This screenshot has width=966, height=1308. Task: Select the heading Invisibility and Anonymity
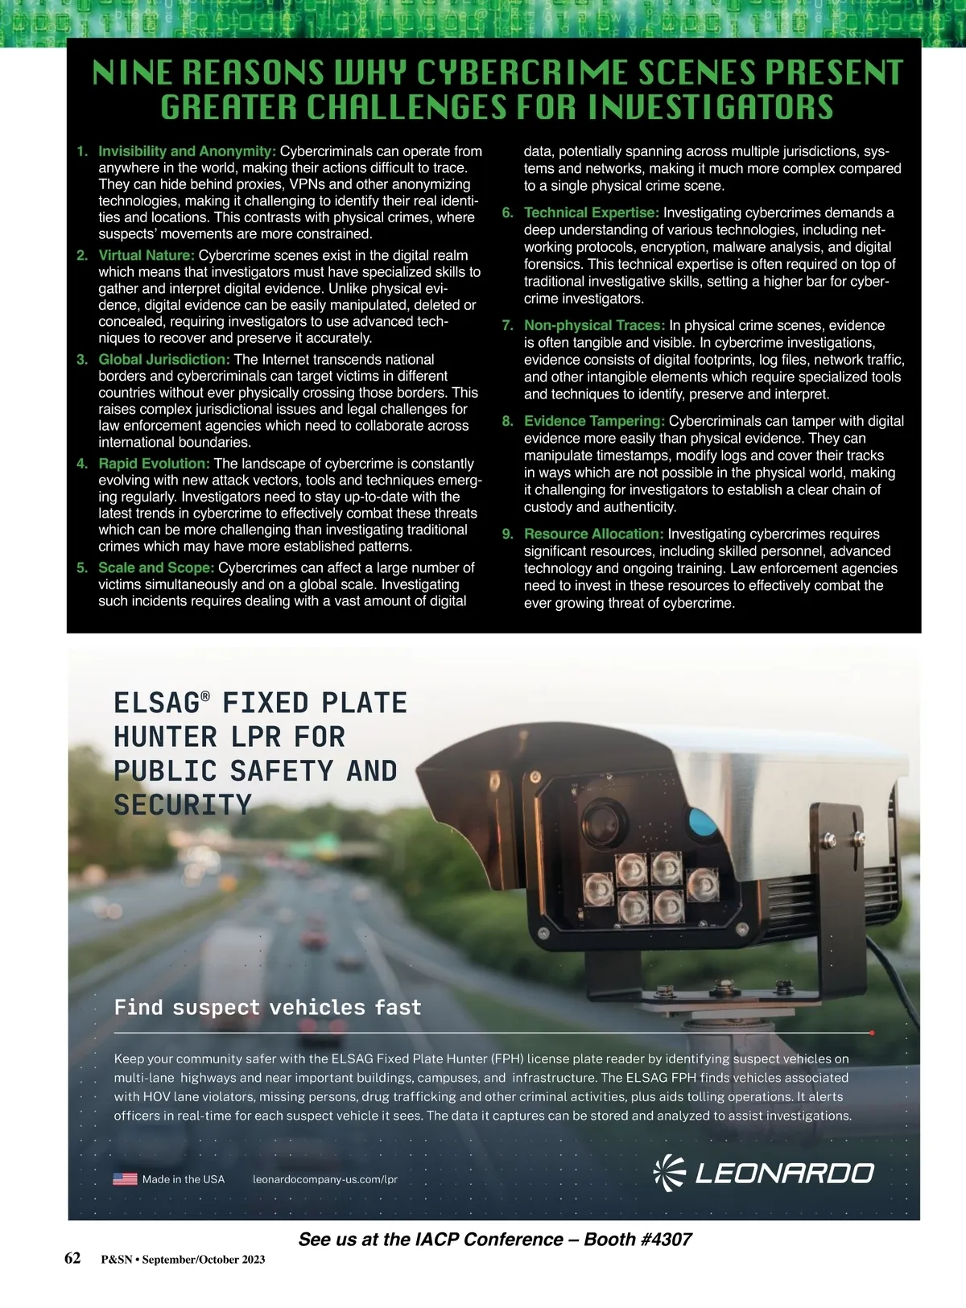[x=188, y=151]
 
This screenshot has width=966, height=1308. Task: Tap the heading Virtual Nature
[x=147, y=255]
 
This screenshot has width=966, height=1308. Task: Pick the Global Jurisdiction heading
[x=164, y=359]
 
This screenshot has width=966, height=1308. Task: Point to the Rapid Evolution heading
[x=154, y=463]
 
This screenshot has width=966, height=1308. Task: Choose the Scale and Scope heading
[x=156, y=567]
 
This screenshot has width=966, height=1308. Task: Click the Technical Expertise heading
[x=592, y=212]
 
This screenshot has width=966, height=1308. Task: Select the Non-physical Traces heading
[x=594, y=325]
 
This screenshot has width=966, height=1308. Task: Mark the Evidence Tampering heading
[x=594, y=421]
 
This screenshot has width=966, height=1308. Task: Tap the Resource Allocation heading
[x=593, y=534]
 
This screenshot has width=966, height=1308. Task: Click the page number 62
[x=72, y=1258]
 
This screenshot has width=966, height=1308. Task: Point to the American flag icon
[x=125, y=1179]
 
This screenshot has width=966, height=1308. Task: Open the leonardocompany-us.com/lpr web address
[x=325, y=1179]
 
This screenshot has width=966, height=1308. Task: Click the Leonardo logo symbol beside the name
[x=668, y=1172]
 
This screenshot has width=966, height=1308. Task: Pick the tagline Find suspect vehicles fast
[x=267, y=1007]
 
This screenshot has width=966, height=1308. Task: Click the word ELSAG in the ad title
[x=156, y=703]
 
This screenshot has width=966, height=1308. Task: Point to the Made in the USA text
[x=184, y=1179]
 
